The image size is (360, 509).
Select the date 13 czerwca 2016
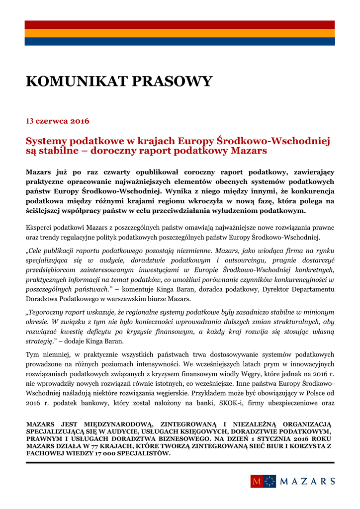point(57,121)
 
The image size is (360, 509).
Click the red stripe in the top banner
point(180,24)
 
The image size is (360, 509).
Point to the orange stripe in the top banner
point(180,33)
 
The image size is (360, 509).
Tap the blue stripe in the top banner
point(180,41)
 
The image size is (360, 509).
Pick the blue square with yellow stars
point(270,481)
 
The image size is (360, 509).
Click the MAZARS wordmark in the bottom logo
point(307,481)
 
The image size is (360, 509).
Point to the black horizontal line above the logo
point(180,462)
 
